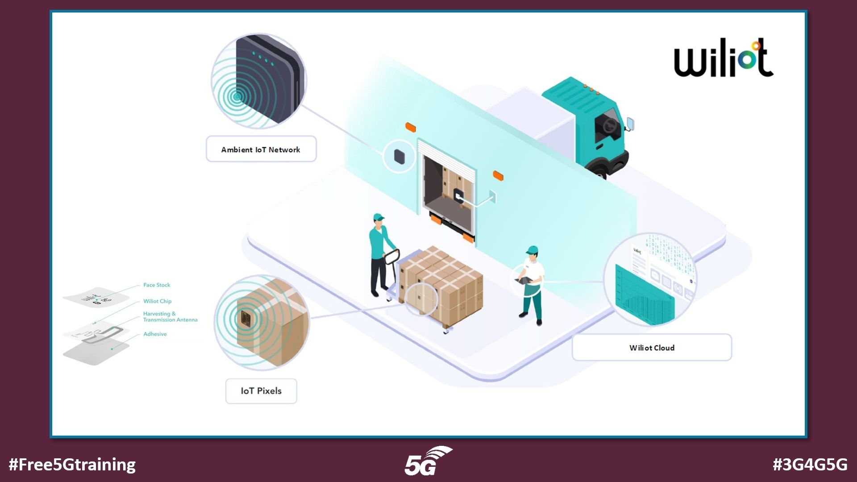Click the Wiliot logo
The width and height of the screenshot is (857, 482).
tap(723, 58)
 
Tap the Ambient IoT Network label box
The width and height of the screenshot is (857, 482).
tap(261, 150)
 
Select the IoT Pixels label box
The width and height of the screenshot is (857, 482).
tap(261, 391)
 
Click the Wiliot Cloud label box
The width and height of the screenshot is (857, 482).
tap(652, 348)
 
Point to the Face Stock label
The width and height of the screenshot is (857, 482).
tap(157, 285)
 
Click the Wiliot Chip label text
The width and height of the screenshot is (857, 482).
tap(157, 301)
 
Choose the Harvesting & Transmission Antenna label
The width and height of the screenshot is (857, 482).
tap(170, 317)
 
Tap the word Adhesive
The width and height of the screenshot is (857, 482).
tap(155, 334)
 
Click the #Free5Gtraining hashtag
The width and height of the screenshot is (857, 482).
tap(72, 465)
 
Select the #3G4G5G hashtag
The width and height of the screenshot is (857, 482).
tap(810, 465)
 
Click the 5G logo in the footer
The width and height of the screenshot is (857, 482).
tap(427, 462)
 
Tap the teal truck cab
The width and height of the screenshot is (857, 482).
tap(594, 120)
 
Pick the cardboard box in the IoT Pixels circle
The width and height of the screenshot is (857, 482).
tap(268, 321)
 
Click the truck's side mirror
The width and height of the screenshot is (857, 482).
tap(630, 123)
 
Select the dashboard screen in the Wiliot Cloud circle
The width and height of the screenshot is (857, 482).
tap(643, 295)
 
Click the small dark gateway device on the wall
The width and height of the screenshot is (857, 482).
tap(399, 156)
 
